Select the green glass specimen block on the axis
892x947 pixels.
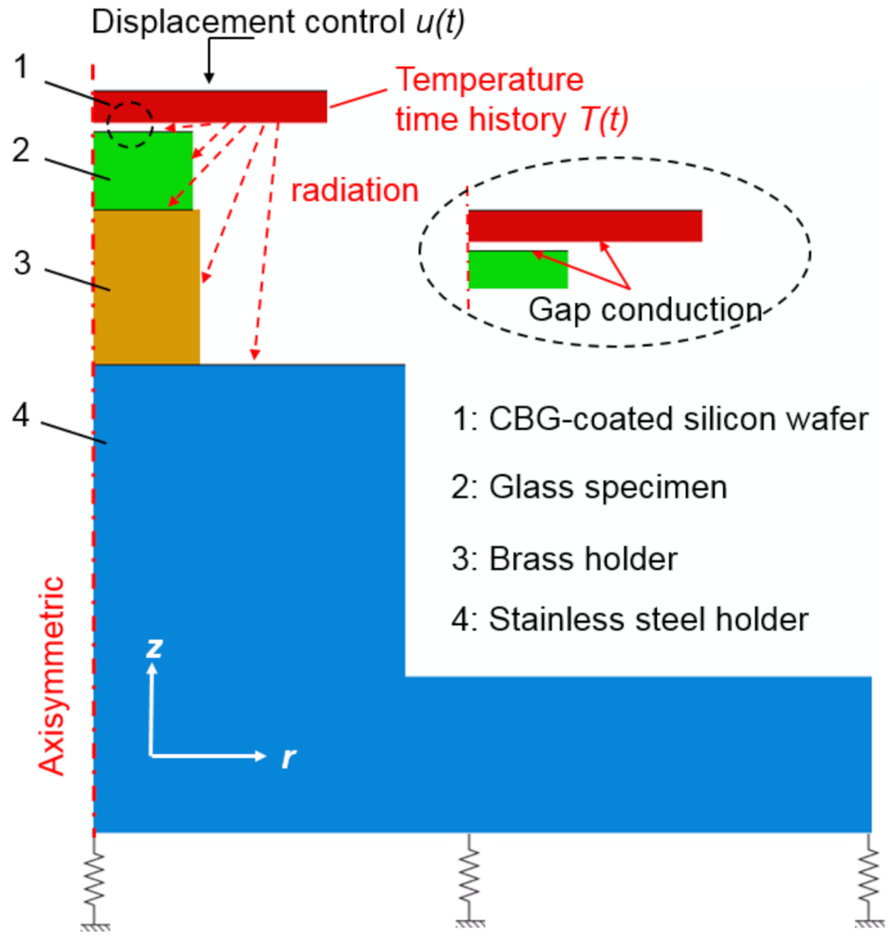pos(143,170)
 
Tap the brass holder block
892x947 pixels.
pos(146,287)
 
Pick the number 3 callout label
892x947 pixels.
pos(23,263)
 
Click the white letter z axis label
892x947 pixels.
pos(153,648)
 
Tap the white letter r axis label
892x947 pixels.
pos(287,758)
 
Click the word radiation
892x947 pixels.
pos(355,191)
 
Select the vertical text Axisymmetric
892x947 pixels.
pos(52,675)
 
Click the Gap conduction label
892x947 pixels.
pos(644,310)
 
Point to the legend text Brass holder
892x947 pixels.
pos(582,559)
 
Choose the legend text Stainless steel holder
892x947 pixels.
pos(648,619)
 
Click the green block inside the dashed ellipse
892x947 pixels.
pos(517,269)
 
